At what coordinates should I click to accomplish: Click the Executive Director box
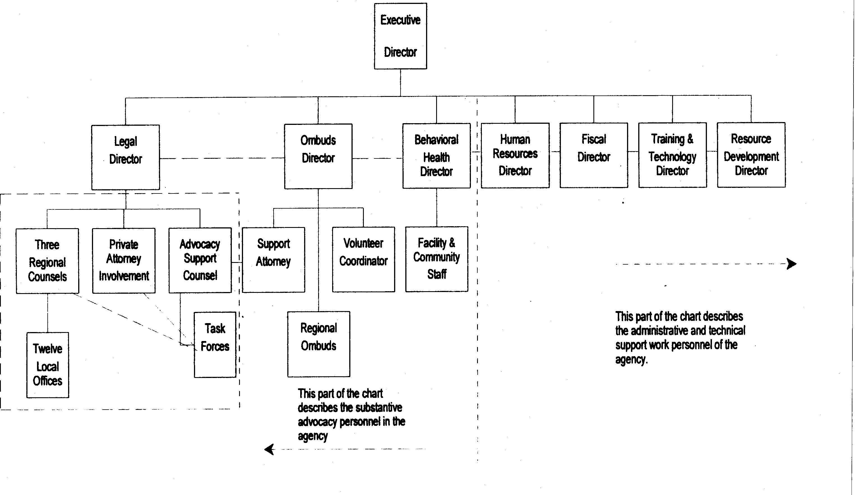400,36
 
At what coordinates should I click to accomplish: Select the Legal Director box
126,157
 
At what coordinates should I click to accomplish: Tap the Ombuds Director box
318,156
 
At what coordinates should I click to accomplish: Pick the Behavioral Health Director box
436,156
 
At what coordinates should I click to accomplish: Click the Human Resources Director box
515,155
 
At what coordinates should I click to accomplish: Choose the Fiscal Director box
594,155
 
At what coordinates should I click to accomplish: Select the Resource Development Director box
751,155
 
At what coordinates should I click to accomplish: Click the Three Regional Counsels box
47,261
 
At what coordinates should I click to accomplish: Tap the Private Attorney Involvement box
124,260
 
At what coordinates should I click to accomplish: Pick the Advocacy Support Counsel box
200,260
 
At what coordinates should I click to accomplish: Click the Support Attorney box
273,260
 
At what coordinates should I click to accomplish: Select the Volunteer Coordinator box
364,259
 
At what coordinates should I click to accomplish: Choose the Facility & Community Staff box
437,259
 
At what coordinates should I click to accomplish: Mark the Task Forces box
215,345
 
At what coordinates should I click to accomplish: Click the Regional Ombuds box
318,344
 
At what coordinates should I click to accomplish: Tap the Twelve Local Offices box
48,365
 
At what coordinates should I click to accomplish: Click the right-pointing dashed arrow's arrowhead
792,264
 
